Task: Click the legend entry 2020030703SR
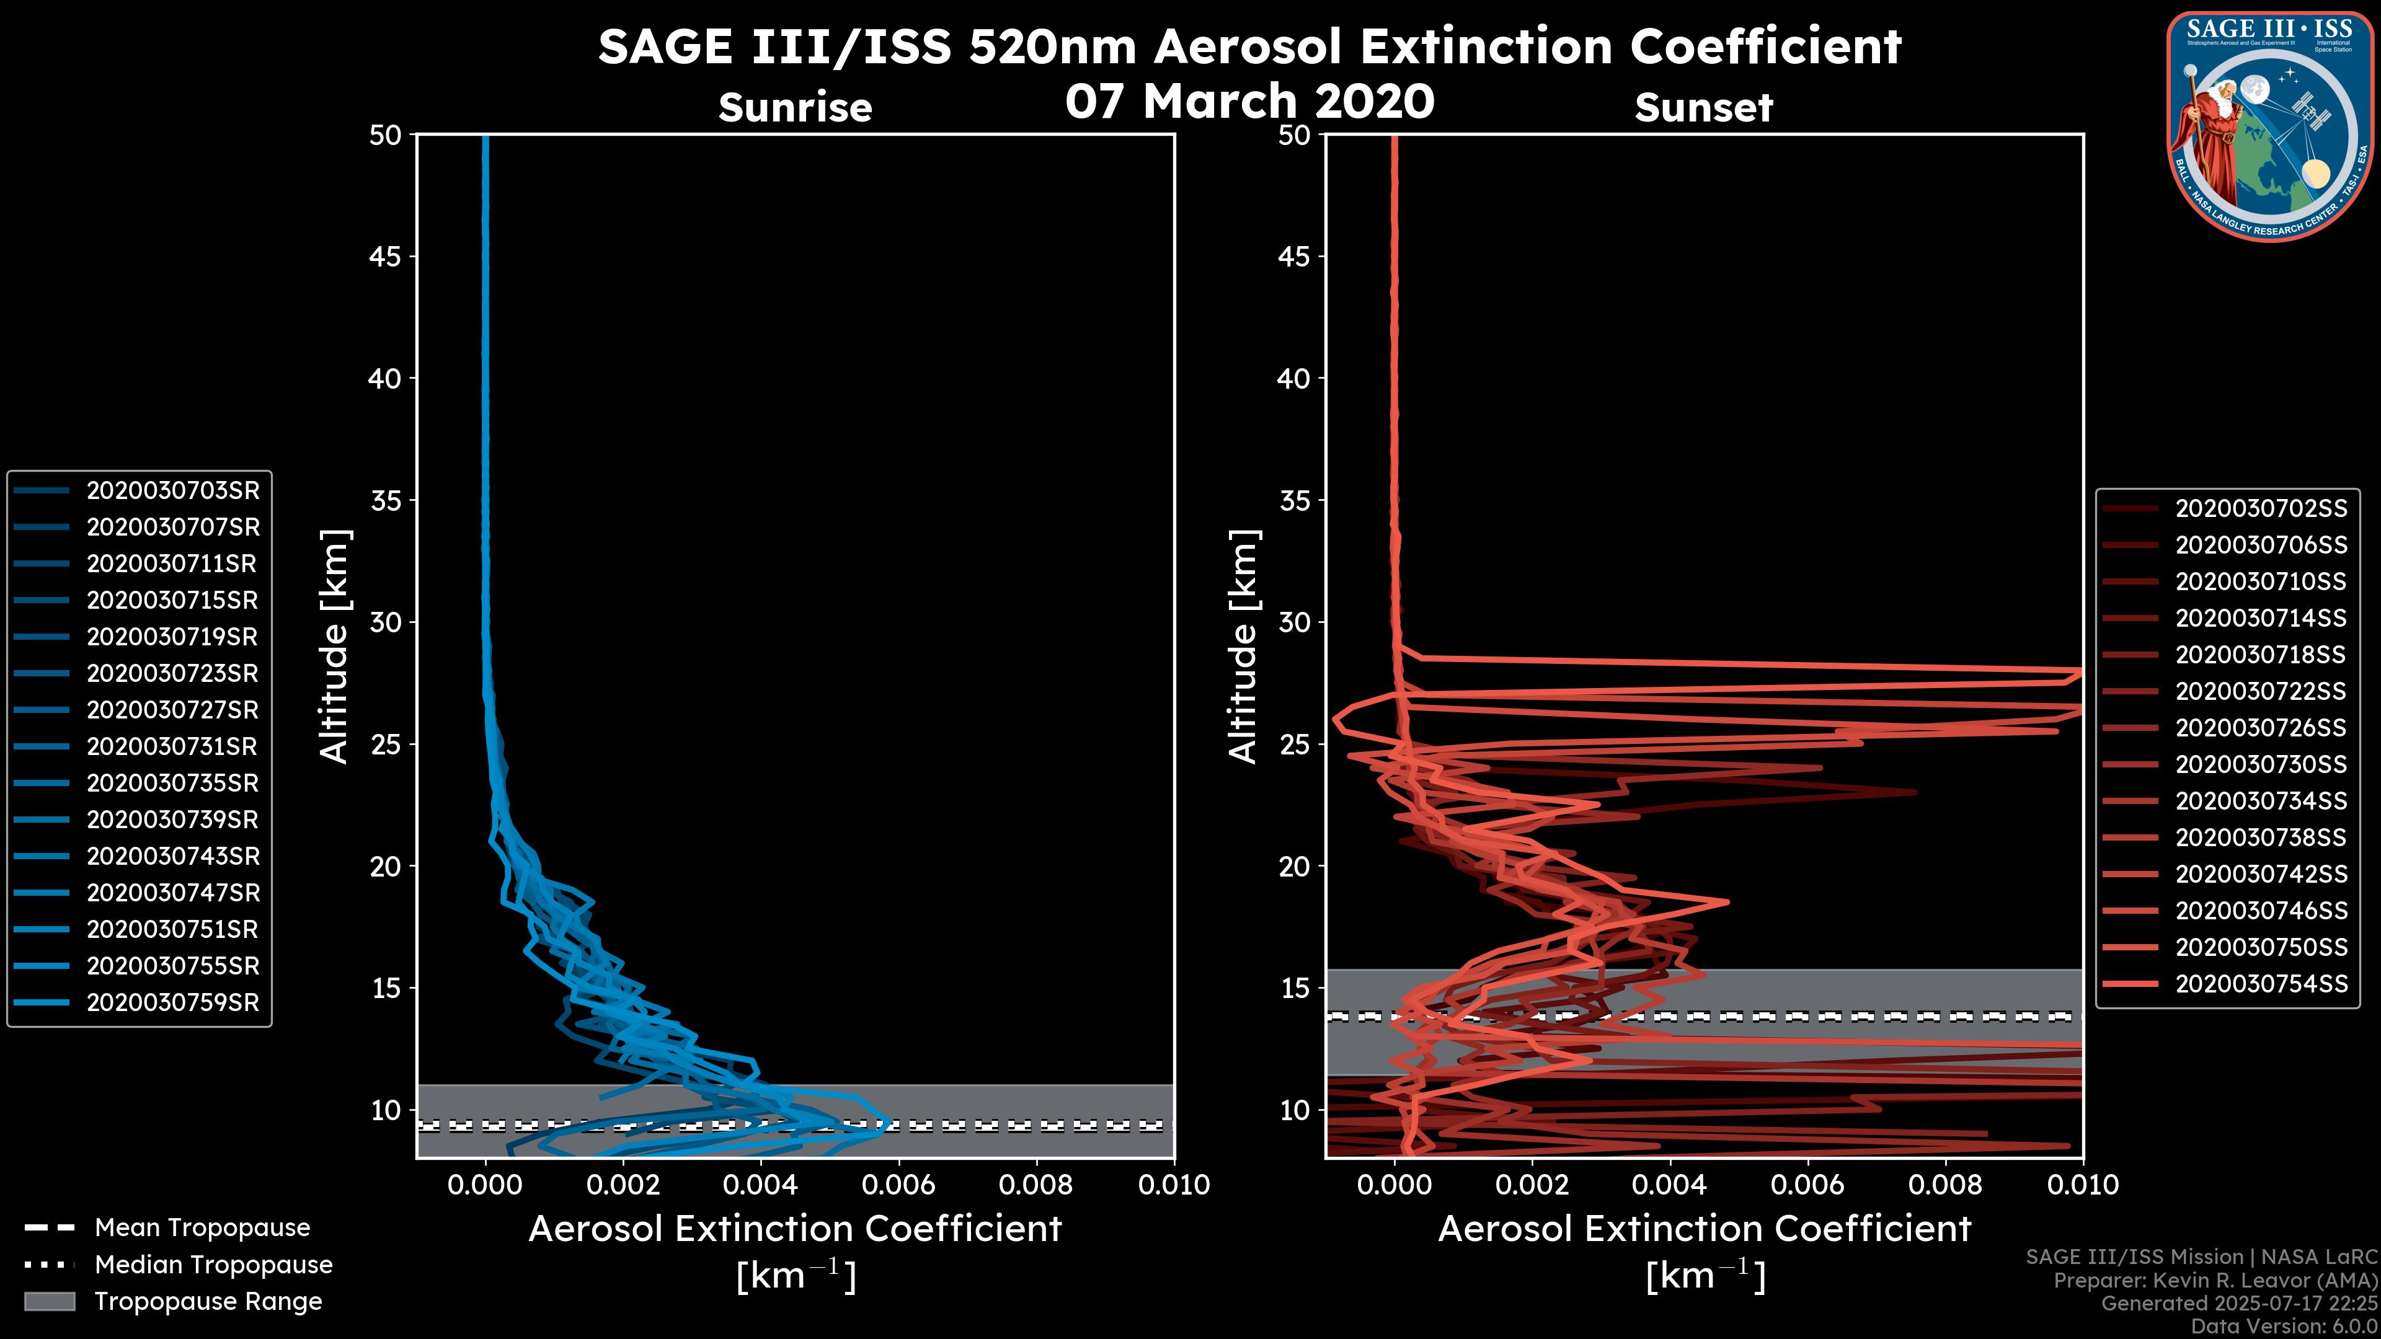[x=173, y=491]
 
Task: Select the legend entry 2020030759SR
[x=173, y=1002]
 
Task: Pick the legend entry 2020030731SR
[x=173, y=746]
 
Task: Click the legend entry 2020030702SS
[x=2261, y=509]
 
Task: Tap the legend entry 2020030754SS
[x=2261, y=984]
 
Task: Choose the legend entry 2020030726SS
[x=2261, y=728]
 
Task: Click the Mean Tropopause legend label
[x=202, y=1228]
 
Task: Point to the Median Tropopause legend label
[x=213, y=1265]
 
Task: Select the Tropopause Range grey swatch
[x=49, y=1302]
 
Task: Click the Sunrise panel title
[x=795, y=108]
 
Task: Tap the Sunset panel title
[x=1703, y=108]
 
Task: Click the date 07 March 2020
[x=1249, y=100]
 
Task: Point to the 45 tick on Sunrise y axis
[x=386, y=256]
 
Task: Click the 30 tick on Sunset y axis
[x=1295, y=622]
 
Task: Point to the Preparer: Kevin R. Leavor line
[x=2215, y=1281]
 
